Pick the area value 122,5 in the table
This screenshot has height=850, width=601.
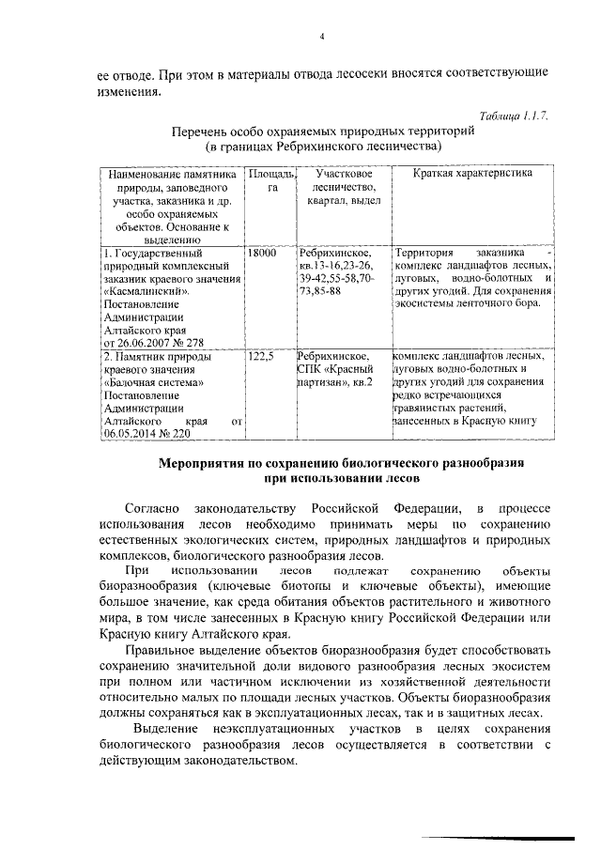coord(259,357)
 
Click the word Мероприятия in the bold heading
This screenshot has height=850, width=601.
coord(207,464)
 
